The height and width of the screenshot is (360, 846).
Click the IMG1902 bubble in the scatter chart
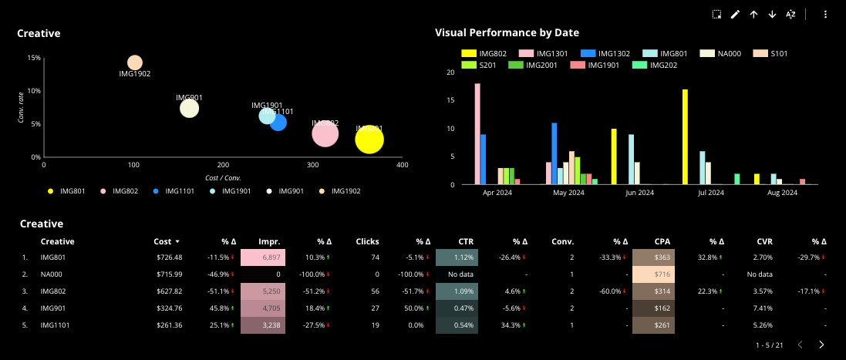tap(135, 62)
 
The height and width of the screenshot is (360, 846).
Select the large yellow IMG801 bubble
tap(369, 140)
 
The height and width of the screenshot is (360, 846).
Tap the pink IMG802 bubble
tap(325, 133)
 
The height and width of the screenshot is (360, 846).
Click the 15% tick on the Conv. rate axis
tap(34, 58)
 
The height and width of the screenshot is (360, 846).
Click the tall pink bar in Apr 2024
tap(477, 133)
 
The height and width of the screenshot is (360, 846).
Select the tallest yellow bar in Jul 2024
tap(685, 136)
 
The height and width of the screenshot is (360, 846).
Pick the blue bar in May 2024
tap(554, 153)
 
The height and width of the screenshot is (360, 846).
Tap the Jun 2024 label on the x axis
tap(639, 193)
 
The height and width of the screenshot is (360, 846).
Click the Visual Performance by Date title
tap(507, 32)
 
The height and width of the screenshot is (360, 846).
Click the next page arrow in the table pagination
tap(821, 345)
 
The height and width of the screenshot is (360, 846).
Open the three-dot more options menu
tap(825, 14)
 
